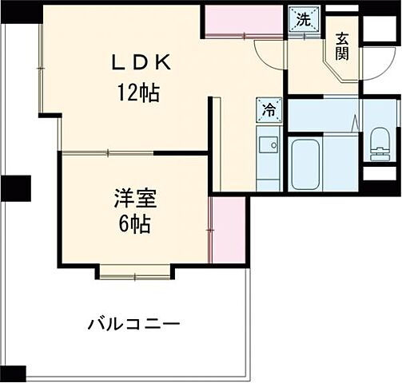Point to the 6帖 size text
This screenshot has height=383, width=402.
(133, 223)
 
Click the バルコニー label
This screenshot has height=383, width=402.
(133, 325)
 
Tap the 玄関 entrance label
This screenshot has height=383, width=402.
(341, 45)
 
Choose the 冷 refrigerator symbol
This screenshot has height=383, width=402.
(269, 111)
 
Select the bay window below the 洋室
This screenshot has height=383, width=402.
(134, 272)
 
